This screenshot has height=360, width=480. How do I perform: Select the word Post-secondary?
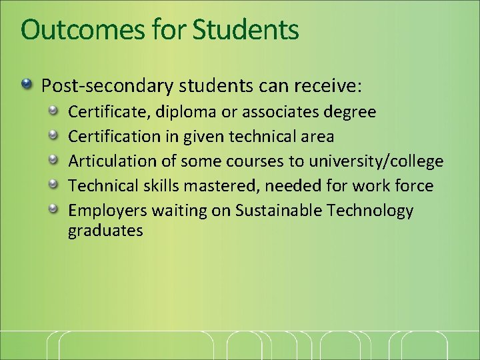pyautogui.click(x=101, y=86)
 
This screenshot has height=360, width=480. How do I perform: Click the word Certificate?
pyautogui.click(x=109, y=111)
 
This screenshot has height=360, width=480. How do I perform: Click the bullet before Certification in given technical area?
pyautogui.click(x=56, y=136)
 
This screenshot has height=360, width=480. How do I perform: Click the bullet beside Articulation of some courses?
pyautogui.click(x=56, y=161)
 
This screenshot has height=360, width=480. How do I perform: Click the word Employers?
pyautogui.click(x=107, y=211)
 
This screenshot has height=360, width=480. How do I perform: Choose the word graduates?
pyautogui.click(x=105, y=231)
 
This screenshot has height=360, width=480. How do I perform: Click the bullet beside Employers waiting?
pyautogui.click(x=56, y=210)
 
